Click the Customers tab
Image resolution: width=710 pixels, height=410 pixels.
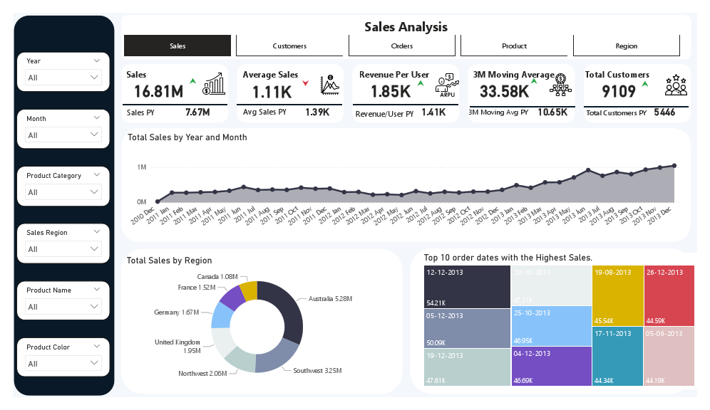click(x=289, y=46)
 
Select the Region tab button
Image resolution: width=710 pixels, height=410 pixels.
click(x=627, y=46)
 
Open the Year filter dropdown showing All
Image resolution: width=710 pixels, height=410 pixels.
click(x=63, y=78)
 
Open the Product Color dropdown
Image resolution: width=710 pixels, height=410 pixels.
click(x=63, y=364)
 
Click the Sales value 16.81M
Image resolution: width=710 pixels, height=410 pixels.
click(x=158, y=91)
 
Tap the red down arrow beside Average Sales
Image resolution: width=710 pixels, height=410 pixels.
click(x=305, y=83)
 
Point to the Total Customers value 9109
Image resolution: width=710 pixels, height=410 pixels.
click(x=618, y=91)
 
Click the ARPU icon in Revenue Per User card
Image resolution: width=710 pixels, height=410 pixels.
click(x=447, y=85)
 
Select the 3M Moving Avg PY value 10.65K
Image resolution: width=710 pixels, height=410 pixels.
click(x=552, y=112)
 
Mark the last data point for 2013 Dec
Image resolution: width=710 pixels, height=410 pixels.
click(x=674, y=165)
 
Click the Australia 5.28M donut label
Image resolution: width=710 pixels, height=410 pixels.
click(x=330, y=298)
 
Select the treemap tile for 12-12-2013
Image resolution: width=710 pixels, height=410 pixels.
click(x=467, y=287)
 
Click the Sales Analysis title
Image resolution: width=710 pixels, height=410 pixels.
click(x=406, y=27)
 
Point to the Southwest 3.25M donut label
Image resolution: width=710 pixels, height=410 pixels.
click(x=317, y=371)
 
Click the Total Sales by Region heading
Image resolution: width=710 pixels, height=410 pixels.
click(x=169, y=261)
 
